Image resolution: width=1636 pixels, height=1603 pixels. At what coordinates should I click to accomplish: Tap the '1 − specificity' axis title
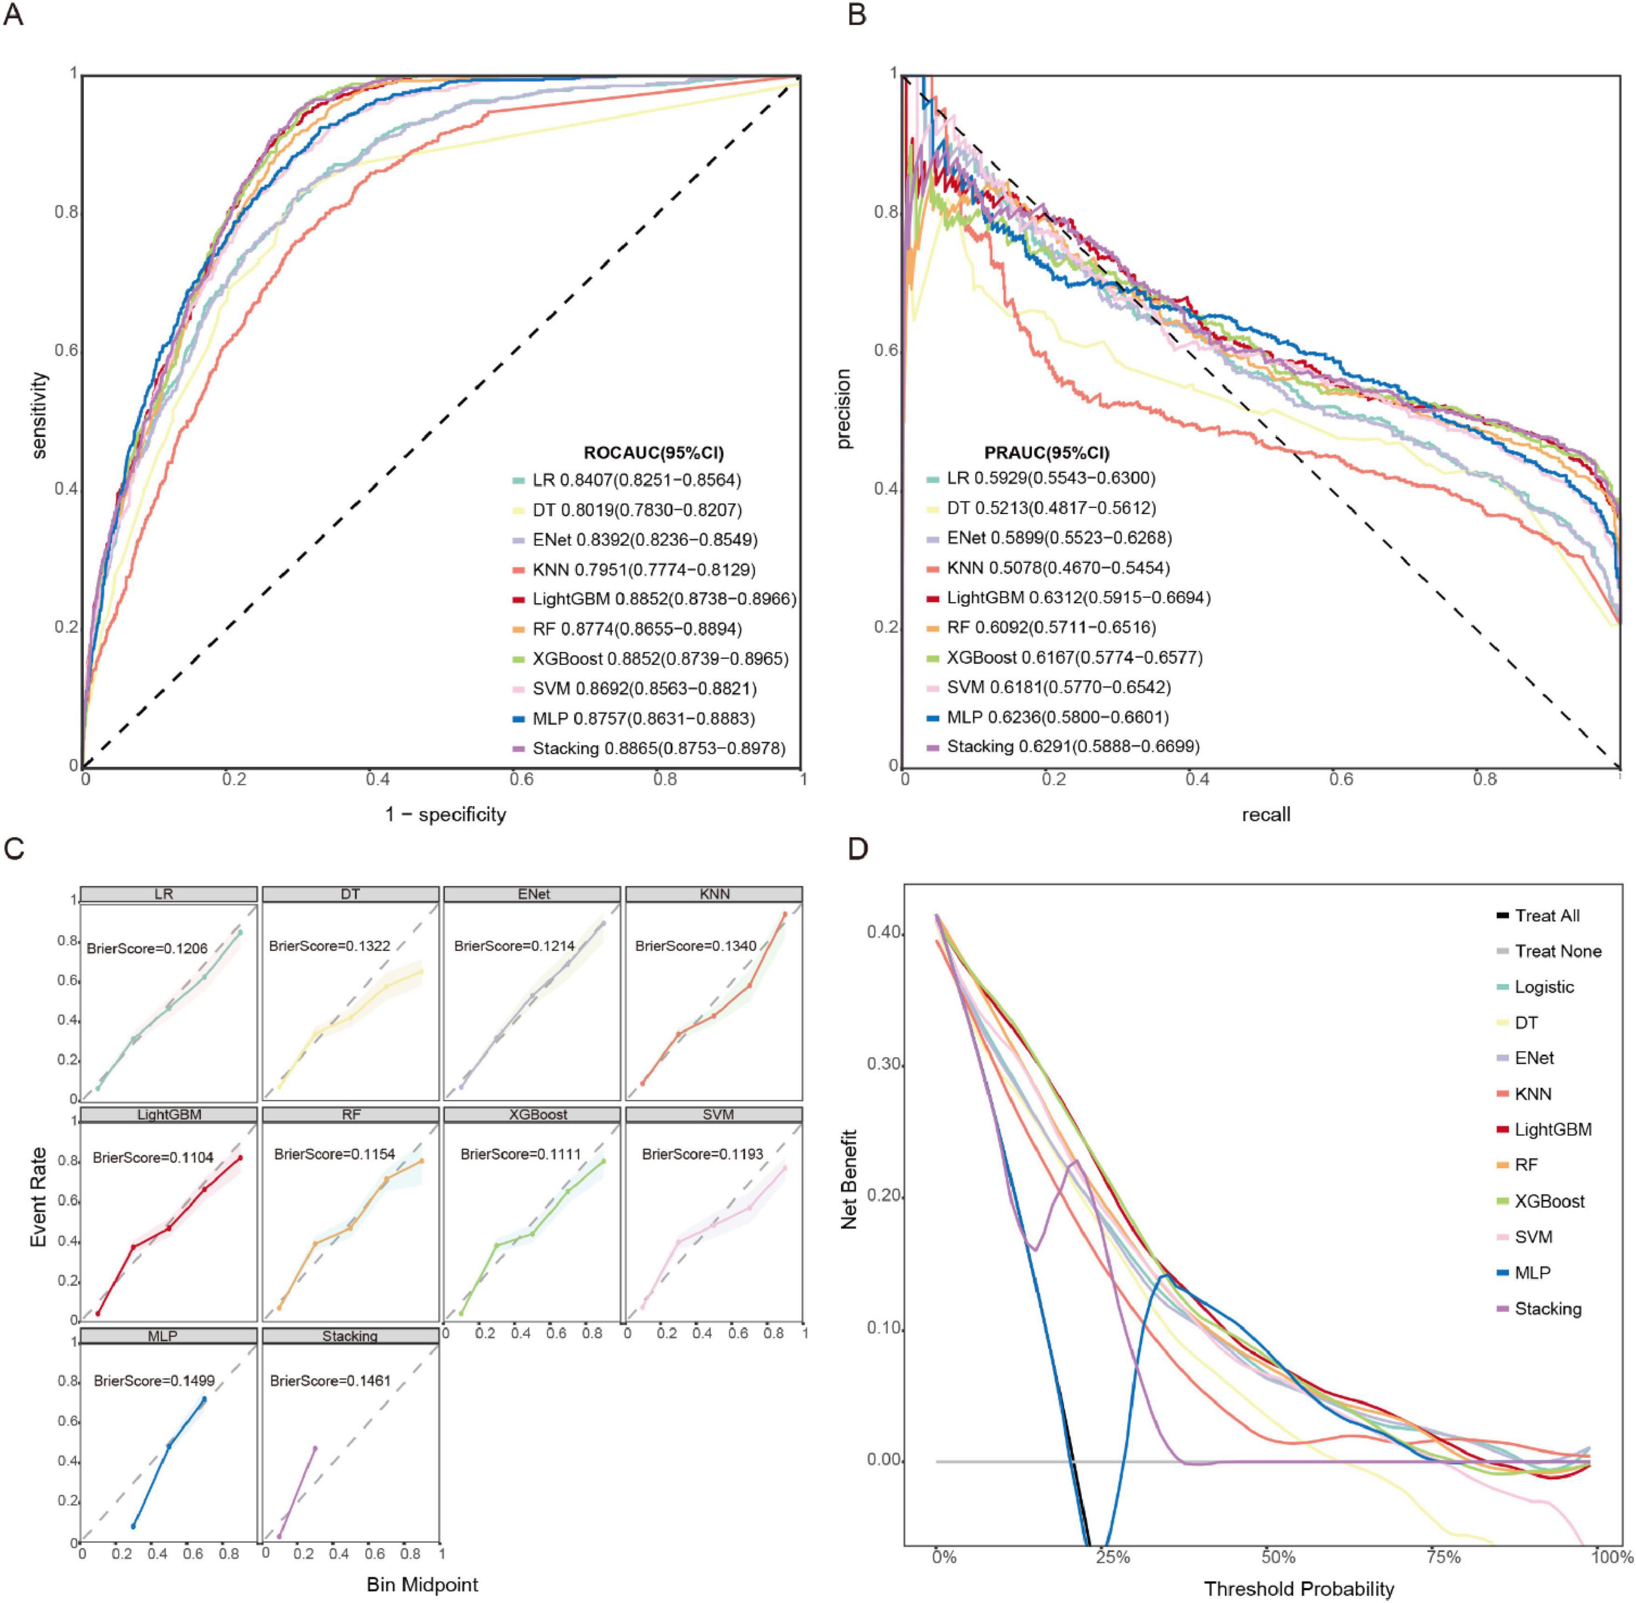click(x=445, y=814)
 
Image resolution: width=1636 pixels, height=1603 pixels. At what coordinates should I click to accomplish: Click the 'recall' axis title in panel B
click(x=1266, y=814)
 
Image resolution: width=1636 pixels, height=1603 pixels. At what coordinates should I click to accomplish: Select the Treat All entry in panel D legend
click(x=1547, y=915)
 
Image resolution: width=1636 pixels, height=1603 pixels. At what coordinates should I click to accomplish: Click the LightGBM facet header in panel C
click(x=169, y=1114)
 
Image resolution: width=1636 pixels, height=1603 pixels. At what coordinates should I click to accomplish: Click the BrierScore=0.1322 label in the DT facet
click(x=329, y=946)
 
